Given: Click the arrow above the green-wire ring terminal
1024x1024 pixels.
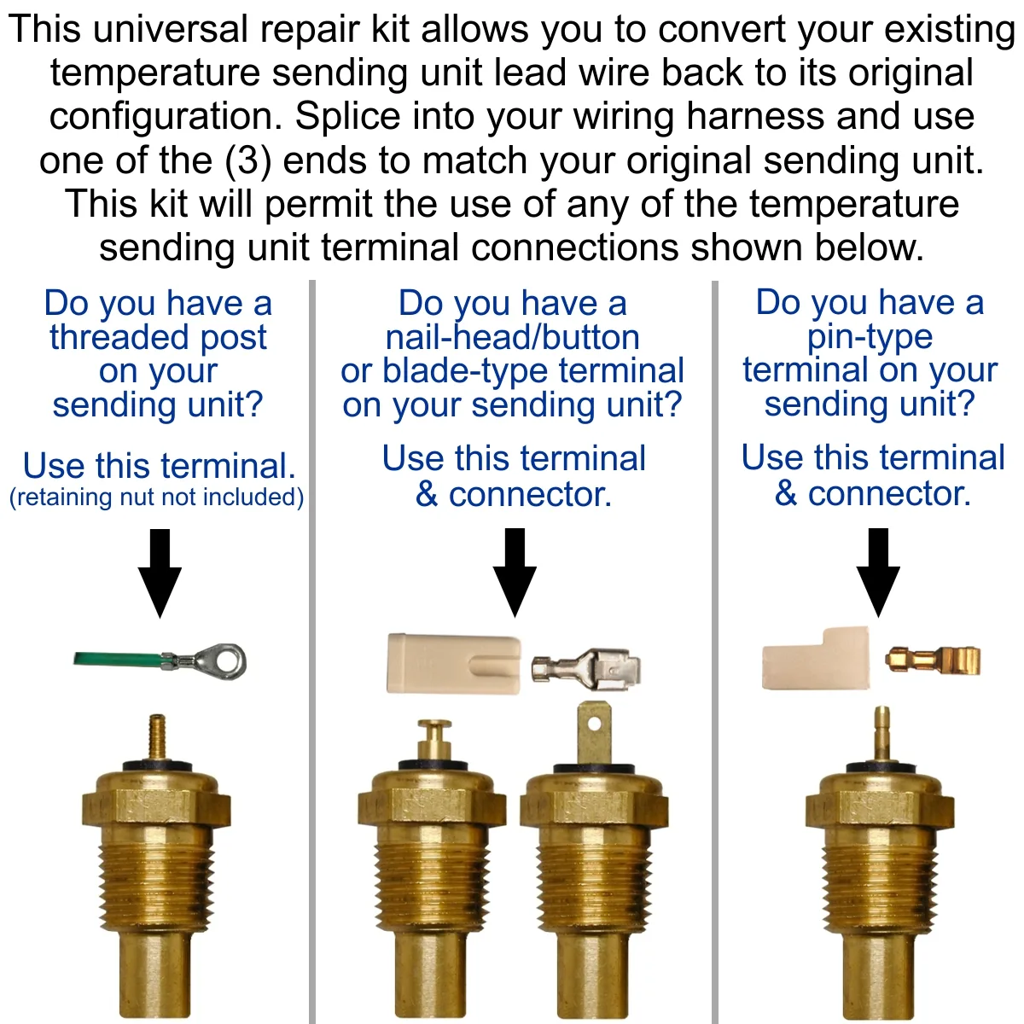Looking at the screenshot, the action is (160, 573).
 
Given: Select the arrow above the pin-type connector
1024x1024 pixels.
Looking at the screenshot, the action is (878, 573).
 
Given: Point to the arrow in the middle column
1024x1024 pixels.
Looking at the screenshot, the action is (515, 573).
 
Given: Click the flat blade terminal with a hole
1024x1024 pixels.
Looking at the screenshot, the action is (594, 734).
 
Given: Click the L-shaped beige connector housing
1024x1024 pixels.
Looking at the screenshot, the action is (816, 659).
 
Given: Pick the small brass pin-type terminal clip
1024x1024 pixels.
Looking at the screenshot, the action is (933, 660).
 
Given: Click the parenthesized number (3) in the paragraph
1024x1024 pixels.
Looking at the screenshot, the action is (248, 160).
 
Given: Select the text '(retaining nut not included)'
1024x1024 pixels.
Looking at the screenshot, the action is (157, 497).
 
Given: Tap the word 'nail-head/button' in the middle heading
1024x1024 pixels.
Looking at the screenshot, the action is (513, 337).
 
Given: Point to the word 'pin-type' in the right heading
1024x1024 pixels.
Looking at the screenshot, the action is (870, 337).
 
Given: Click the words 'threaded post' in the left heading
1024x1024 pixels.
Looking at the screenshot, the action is (159, 337).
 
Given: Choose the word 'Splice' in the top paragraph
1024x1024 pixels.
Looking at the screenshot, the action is (347, 116).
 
